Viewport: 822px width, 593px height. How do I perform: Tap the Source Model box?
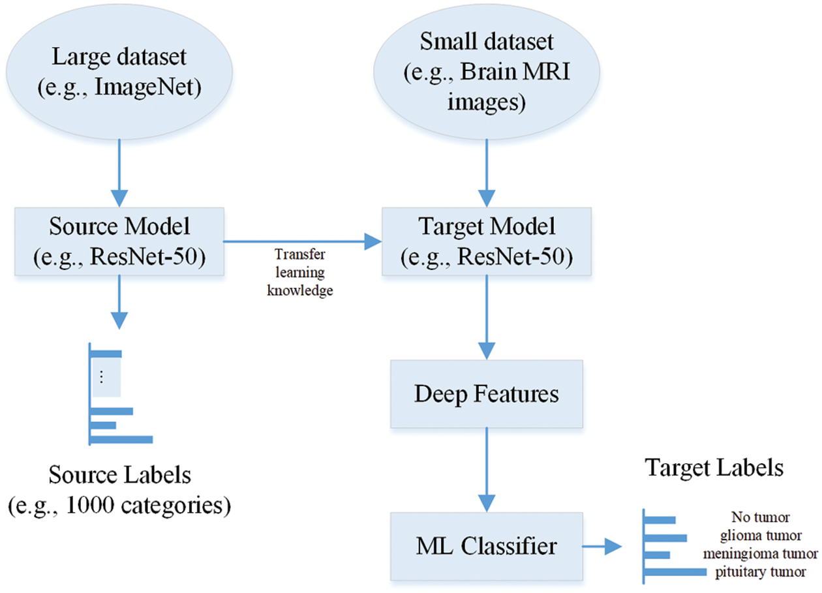coord(119,241)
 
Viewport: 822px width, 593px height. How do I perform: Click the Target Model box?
coord(486,241)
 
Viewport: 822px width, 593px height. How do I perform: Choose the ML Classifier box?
coord(486,545)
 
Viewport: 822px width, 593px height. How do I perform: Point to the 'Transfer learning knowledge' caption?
coord(299,272)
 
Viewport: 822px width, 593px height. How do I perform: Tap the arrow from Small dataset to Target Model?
coord(486,173)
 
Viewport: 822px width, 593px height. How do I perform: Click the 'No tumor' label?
coord(761,518)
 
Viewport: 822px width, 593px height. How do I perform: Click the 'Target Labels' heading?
coord(714,468)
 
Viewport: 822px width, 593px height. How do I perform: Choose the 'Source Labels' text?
coord(119,475)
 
